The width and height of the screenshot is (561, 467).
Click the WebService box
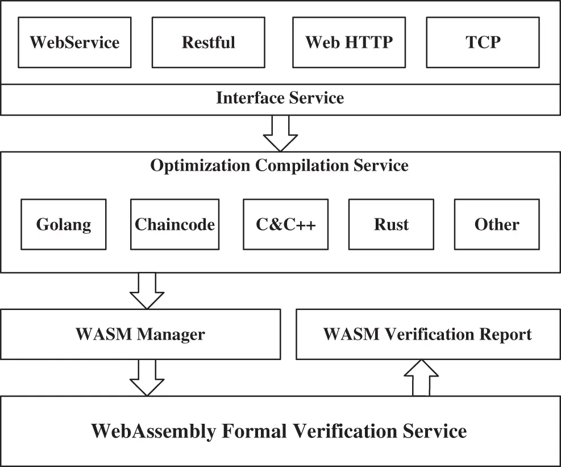click(x=74, y=43)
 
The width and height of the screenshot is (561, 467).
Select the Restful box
click(x=208, y=43)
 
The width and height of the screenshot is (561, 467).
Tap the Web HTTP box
click(x=348, y=43)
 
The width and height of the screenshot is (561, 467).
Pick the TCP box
click(x=483, y=43)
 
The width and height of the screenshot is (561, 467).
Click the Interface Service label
click(x=280, y=98)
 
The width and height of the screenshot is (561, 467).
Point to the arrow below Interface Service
click(x=280, y=133)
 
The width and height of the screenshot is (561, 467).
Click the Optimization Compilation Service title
click(x=279, y=166)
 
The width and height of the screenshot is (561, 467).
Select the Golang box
click(x=63, y=224)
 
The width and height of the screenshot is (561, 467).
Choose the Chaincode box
click(x=174, y=224)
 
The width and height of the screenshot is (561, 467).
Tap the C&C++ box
click(x=285, y=224)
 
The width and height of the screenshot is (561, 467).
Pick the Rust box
click(x=391, y=224)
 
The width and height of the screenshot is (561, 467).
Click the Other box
click(x=497, y=224)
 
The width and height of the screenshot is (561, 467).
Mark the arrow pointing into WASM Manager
click(x=147, y=291)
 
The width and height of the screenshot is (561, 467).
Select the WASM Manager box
click(x=140, y=334)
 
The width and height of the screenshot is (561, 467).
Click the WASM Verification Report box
click(x=427, y=334)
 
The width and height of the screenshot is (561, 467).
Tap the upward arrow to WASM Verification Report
click(x=421, y=378)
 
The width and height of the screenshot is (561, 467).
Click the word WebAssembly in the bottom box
click(x=153, y=431)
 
